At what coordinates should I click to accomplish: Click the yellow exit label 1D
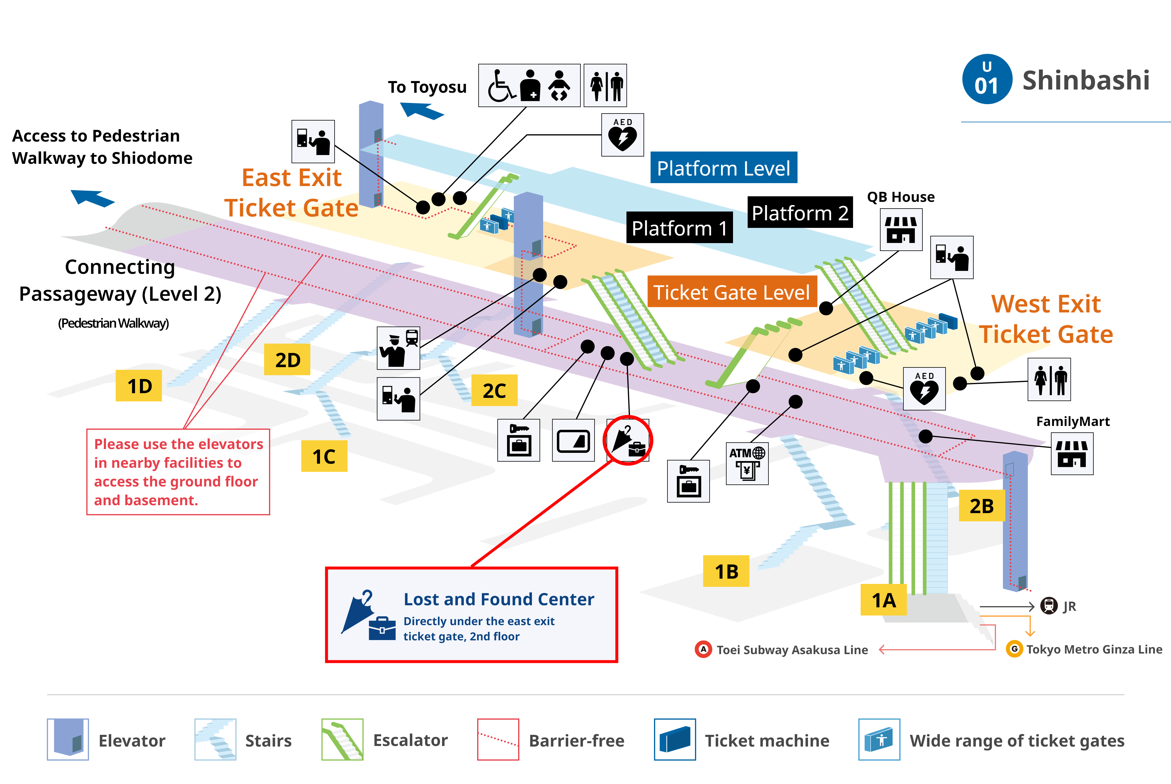(138, 386)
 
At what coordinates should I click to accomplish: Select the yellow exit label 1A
(884, 599)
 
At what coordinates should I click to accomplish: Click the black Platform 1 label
(679, 228)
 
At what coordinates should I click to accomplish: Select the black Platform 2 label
(800, 212)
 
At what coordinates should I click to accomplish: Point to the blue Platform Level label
(724, 168)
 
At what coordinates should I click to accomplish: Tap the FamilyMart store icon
(1072, 453)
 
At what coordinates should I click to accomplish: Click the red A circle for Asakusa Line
(703, 649)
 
